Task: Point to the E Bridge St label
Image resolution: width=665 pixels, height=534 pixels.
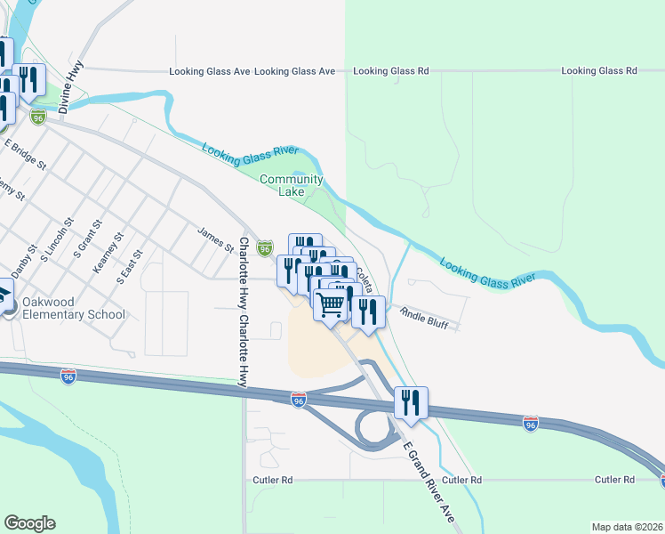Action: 25,152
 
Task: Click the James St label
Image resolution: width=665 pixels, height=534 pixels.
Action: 215,238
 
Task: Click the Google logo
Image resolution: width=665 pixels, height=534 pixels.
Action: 29,523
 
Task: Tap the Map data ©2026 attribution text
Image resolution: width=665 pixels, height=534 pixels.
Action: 614,527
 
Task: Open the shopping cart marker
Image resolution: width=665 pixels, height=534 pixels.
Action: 332,306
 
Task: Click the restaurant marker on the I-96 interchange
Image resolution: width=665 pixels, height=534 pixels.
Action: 411,402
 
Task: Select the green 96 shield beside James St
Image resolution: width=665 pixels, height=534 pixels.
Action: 264,248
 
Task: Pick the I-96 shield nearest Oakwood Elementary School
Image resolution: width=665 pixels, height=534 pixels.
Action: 69,376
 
